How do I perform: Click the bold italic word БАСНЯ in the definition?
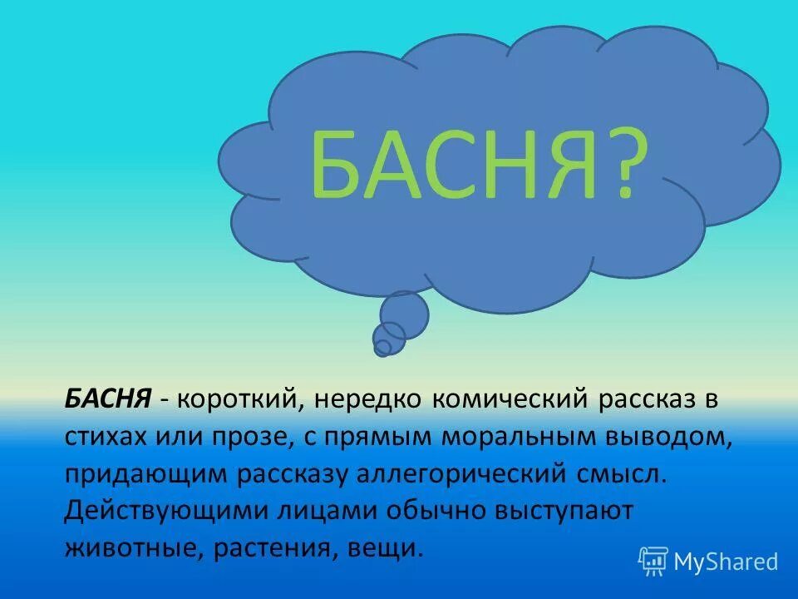click(x=107, y=400)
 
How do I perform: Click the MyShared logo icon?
click(x=653, y=561)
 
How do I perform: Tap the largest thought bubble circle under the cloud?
click(x=405, y=314)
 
